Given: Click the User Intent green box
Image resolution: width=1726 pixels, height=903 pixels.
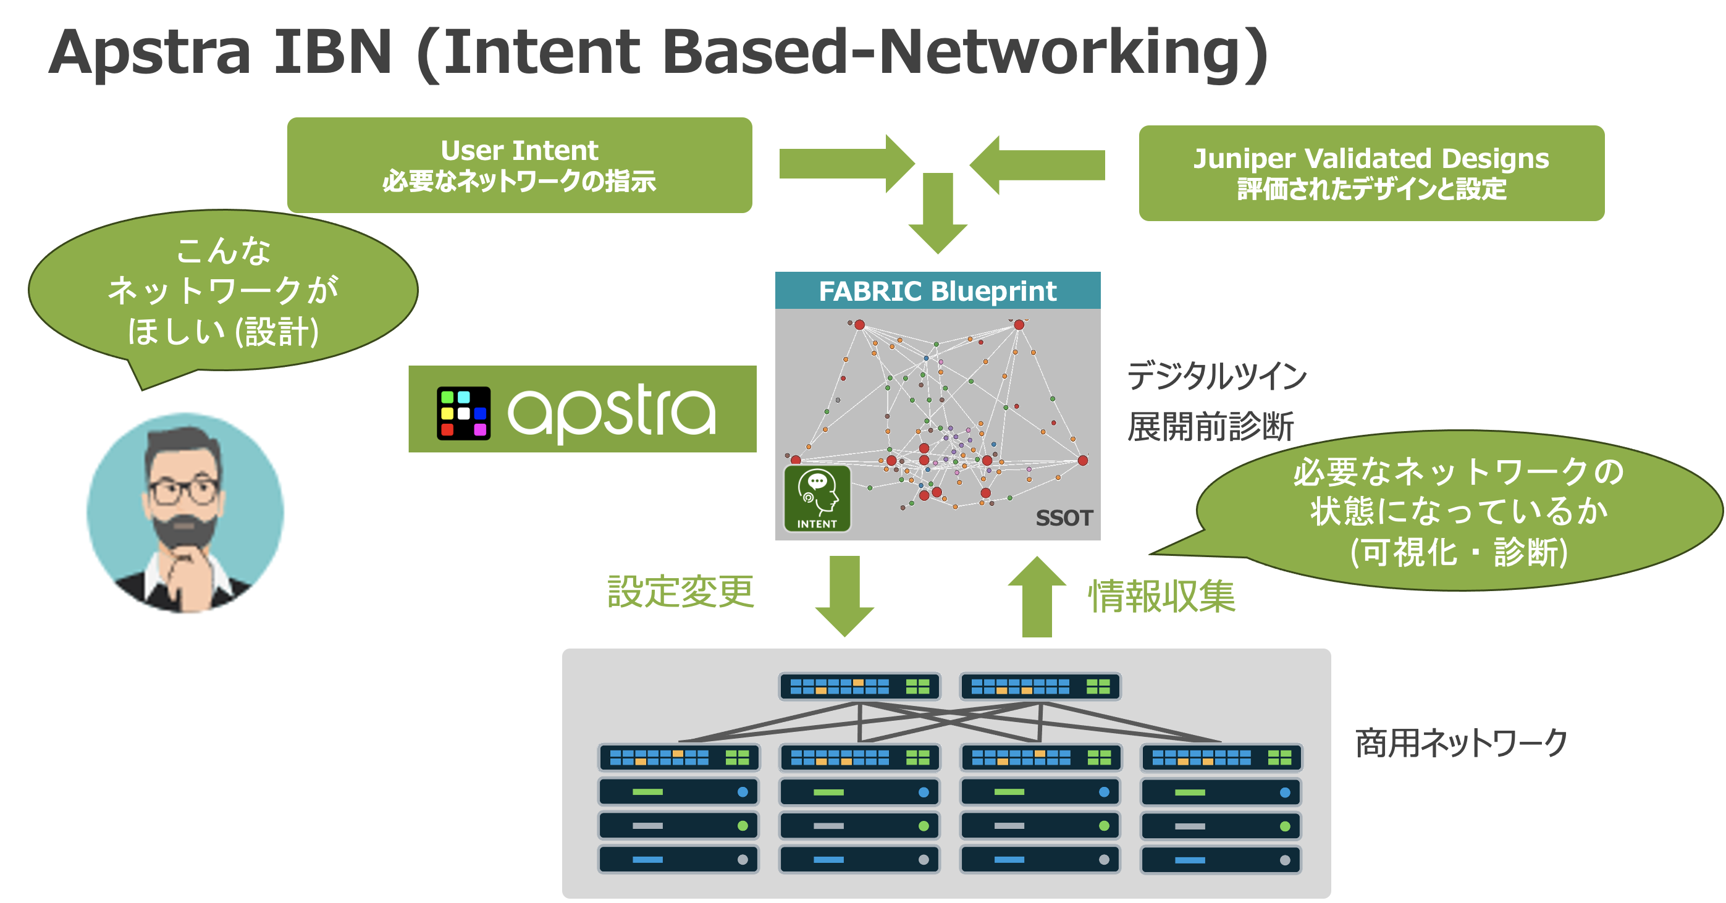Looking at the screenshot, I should point(520,165).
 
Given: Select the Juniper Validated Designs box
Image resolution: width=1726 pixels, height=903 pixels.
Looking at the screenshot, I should point(1371,173).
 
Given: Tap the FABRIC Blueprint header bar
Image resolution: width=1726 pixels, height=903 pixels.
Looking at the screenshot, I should point(937,291).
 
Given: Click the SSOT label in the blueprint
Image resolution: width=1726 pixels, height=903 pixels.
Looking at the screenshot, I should point(1063,518).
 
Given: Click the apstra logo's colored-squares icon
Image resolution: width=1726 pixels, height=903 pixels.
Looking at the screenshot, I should point(463,413).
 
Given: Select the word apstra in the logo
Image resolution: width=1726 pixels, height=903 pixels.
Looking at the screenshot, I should point(611,411).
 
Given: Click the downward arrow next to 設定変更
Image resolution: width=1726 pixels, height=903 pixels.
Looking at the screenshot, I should point(844,595).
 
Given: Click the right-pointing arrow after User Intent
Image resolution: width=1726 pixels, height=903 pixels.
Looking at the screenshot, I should point(846,164).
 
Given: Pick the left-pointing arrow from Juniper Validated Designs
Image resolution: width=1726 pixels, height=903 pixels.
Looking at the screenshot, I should point(1037,165).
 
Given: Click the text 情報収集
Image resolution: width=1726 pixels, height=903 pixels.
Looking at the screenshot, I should point(1161,596).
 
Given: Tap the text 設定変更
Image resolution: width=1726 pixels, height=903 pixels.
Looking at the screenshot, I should point(680,592).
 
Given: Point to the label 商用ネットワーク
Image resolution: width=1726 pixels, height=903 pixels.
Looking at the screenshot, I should point(1460,742).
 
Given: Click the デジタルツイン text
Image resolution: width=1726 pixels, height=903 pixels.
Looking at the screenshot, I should point(1216,375).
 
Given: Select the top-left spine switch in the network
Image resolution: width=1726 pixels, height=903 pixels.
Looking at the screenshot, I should point(859,686).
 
